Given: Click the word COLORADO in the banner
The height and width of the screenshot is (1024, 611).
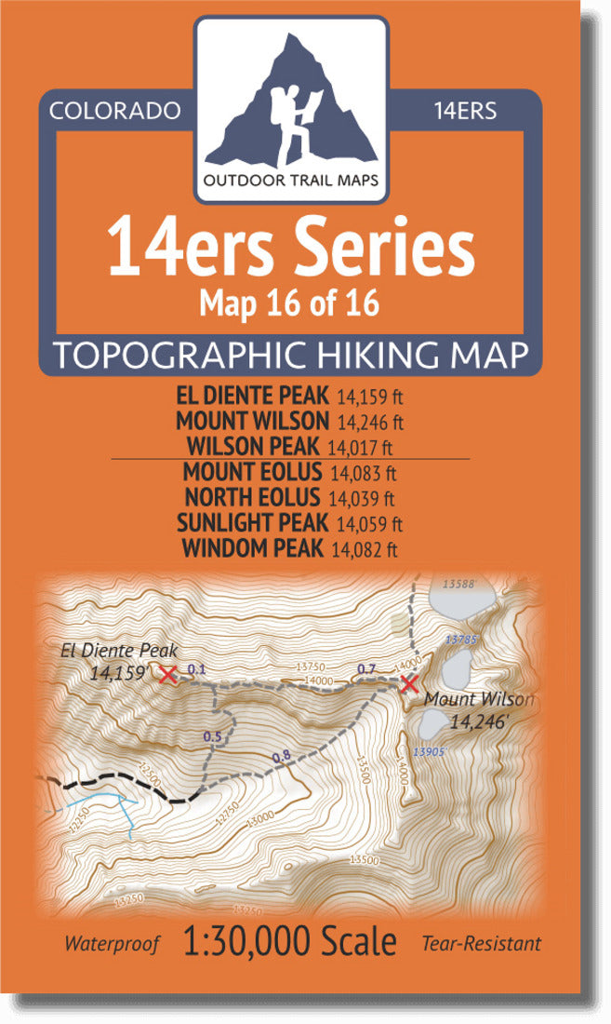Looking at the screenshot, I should [x=114, y=110].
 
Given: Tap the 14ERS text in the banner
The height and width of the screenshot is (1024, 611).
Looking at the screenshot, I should [x=465, y=110].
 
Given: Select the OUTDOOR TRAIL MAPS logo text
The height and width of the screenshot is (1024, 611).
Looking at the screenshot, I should [x=291, y=181].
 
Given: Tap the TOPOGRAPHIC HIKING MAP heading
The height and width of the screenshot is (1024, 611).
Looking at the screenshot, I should [x=291, y=354].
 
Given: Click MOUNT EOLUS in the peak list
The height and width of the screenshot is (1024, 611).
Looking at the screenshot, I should [x=253, y=472].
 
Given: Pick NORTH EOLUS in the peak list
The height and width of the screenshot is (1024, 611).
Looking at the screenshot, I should [x=253, y=497].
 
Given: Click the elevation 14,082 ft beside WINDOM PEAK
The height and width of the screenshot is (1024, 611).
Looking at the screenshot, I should [x=365, y=549].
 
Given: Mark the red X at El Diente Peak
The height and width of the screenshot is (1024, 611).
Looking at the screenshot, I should [x=167, y=675].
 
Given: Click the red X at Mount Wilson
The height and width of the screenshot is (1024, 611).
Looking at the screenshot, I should [x=407, y=685].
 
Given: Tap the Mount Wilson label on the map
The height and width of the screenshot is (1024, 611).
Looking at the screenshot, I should [x=478, y=699].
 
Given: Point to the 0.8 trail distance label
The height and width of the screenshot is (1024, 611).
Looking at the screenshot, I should [x=281, y=756].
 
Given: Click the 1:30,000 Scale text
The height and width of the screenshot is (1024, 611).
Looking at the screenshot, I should [x=290, y=942].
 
